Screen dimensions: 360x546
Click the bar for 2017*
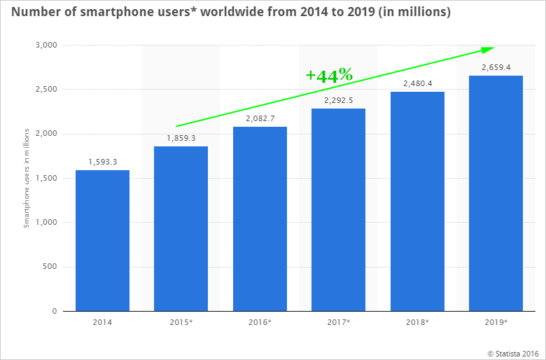[x=338, y=209]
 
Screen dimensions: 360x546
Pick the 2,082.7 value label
[x=260, y=119]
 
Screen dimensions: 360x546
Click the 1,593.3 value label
[x=102, y=162]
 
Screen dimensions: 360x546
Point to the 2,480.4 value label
[x=417, y=84]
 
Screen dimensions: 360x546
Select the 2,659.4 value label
[x=496, y=68]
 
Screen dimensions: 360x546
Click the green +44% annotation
[x=329, y=75]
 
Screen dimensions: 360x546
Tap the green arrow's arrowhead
[x=487, y=49]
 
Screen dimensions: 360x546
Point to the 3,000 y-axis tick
[x=48, y=46]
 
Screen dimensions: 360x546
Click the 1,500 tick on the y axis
[x=48, y=179]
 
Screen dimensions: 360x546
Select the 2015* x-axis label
[x=181, y=323]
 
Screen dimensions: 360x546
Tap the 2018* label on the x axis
[x=417, y=323]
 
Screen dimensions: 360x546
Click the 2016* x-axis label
[x=260, y=323]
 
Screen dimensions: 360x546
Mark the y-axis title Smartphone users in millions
[x=27, y=178]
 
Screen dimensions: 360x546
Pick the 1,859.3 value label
[x=181, y=139]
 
